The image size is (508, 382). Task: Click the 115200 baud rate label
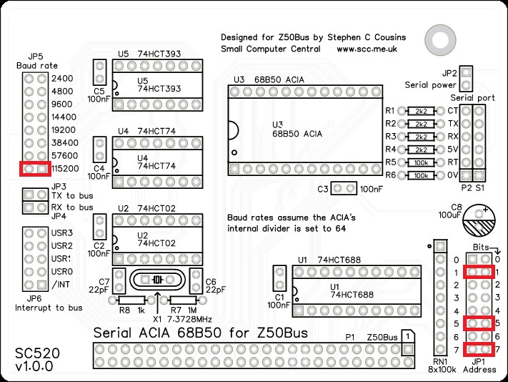[66, 169]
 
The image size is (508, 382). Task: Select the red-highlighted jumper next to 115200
[35, 169]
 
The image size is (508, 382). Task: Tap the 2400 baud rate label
[62, 78]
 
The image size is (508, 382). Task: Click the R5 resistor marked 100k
[421, 162]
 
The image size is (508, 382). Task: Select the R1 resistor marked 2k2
[421, 111]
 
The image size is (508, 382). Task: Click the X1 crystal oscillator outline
[157, 280]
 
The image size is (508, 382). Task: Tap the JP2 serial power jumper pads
[467, 73]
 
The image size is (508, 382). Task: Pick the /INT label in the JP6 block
[63, 285]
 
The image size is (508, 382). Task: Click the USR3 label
[63, 233]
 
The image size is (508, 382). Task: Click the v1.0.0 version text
[34, 368]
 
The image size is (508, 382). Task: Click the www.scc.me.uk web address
[367, 49]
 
